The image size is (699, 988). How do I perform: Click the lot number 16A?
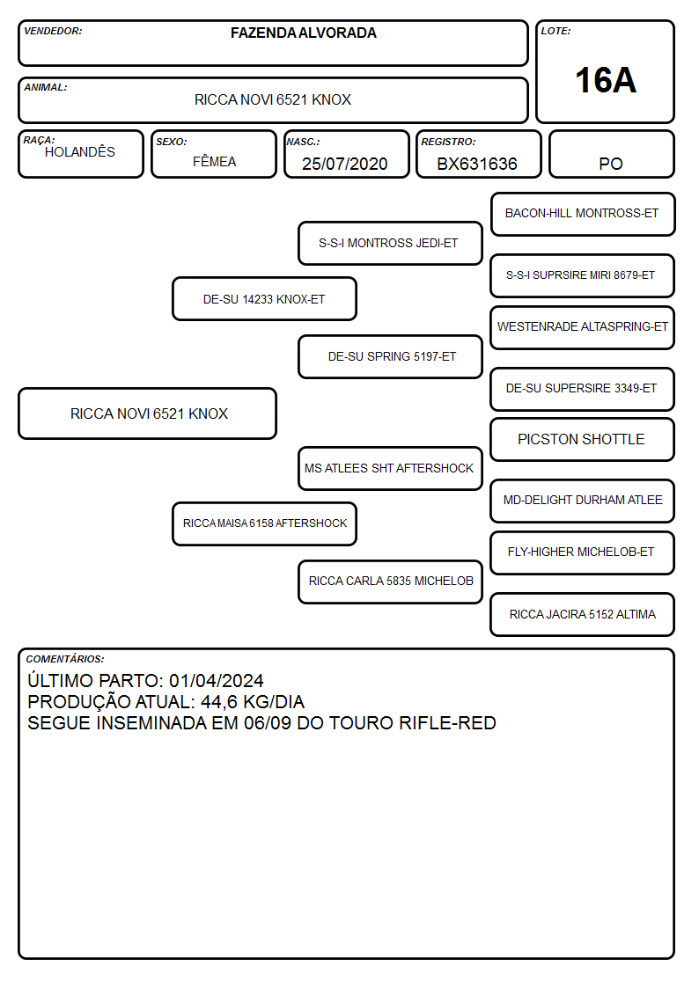(x=605, y=80)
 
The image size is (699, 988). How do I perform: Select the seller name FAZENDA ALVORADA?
(x=303, y=33)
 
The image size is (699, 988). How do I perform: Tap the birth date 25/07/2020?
(x=345, y=164)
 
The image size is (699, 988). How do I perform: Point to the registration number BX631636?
(x=477, y=164)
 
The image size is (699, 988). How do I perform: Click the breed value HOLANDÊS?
(x=80, y=152)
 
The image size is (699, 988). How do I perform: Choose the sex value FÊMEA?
(x=214, y=162)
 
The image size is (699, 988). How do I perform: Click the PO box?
(x=611, y=154)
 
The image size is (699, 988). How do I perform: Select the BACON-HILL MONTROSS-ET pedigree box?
(x=583, y=215)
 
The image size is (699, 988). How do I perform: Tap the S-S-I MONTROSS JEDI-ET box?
(x=390, y=243)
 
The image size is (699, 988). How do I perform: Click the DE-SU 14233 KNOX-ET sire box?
(x=264, y=299)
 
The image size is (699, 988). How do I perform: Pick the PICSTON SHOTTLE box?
(x=583, y=439)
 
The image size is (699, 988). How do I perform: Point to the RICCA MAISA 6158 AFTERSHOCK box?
(x=264, y=523)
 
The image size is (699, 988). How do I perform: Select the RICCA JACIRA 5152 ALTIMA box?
(x=583, y=614)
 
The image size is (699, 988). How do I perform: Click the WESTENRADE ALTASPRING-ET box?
(x=583, y=327)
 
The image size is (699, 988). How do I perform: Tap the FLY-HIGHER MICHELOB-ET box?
(x=583, y=553)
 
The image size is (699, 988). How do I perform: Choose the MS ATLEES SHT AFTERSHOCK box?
(x=390, y=468)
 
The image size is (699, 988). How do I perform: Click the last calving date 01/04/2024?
(x=217, y=681)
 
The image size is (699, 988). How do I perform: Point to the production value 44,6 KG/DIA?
(x=252, y=702)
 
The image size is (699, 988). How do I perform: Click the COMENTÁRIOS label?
(x=65, y=659)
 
